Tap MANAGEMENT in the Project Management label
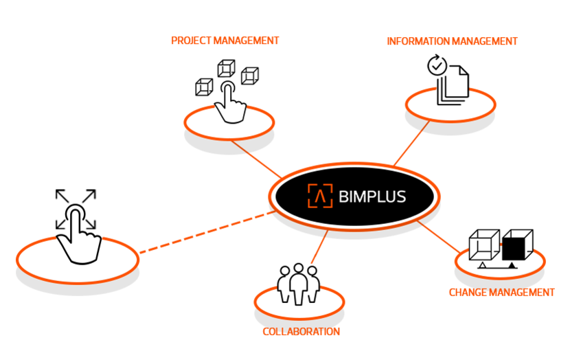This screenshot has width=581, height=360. tap(247, 41)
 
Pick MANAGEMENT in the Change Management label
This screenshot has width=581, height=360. tap(523, 292)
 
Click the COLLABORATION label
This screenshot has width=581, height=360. tap(301, 331)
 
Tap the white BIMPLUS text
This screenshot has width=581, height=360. tap(372, 197)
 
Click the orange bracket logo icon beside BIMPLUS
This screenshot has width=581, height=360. tap(319, 196)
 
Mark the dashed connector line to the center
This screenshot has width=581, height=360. tap(206, 234)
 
